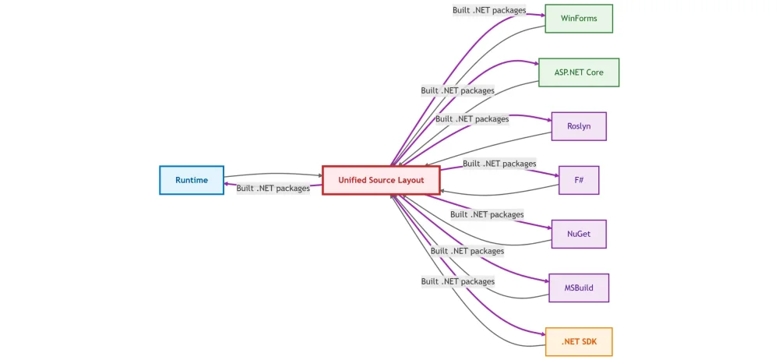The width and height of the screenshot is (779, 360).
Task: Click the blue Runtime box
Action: (x=192, y=180)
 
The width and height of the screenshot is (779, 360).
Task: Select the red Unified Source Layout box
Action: (x=381, y=180)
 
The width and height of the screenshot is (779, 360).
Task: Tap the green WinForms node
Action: (x=579, y=19)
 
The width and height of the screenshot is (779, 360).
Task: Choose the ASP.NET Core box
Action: (x=579, y=72)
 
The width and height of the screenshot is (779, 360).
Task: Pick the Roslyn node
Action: (x=579, y=126)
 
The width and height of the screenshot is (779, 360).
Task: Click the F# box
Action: (x=579, y=180)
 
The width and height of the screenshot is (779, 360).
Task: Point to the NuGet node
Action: (x=579, y=234)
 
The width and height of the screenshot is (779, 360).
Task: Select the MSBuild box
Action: (x=579, y=288)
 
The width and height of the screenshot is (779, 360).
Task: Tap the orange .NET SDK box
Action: (x=579, y=341)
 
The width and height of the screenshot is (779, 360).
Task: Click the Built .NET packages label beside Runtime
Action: (x=273, y=189)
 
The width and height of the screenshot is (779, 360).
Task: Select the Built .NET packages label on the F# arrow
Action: (x=499, y=164)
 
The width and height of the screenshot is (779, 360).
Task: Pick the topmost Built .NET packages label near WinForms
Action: (x=489, y=10)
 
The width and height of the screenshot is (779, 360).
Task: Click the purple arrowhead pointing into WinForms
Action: (x=541, y=12)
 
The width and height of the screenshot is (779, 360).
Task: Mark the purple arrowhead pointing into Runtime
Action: (x=227, y=185)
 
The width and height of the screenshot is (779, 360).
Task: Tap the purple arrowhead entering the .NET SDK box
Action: (x=542, y=334)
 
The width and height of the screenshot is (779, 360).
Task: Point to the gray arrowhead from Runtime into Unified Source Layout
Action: (x=319, y=176)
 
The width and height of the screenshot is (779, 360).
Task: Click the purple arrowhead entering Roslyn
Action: (x=548, y=119)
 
